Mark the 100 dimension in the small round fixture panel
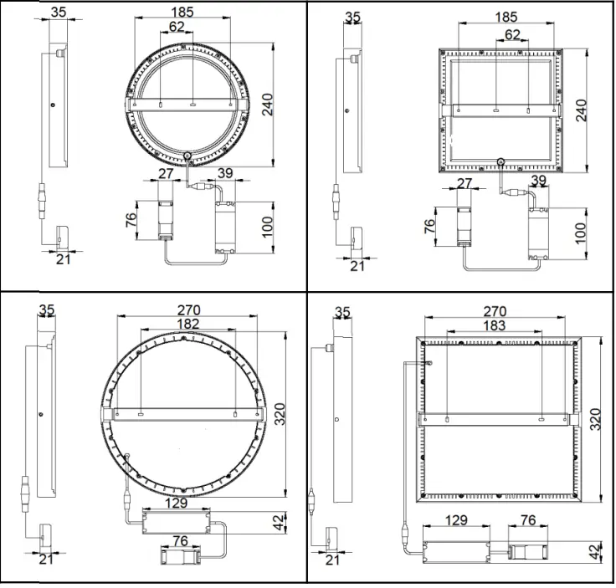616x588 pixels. [x=268, y=226]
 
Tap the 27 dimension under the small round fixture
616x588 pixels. [x=165, y=174]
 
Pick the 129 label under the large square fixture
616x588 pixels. [x=456, y=520]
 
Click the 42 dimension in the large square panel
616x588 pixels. [x=595, y=553]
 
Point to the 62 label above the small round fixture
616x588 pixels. [x=176, y=27]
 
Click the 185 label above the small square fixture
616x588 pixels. [x=506, y=17]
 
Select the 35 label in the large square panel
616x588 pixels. [x=341, y=312]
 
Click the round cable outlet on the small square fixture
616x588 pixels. [x=500, y=162]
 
